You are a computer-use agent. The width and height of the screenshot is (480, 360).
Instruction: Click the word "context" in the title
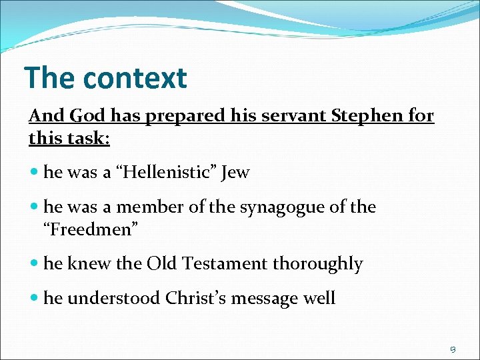tap(135, 78)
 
